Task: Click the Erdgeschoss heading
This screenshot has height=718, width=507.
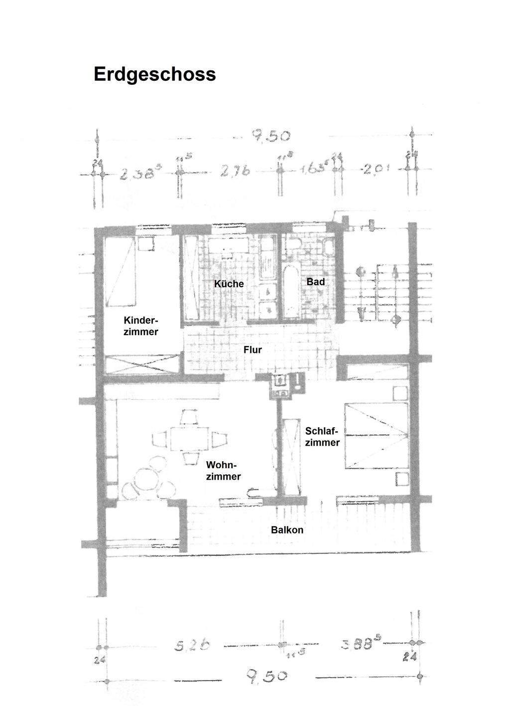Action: point(154,74)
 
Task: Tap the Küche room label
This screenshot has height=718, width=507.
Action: point(229,284)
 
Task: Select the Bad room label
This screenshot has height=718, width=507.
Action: point(316,282)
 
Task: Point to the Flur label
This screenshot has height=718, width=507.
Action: point(253,350)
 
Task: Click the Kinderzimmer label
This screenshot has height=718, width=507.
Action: point(141,326)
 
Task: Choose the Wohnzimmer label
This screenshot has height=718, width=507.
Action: point(224,470)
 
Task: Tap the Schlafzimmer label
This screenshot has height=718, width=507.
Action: point(322,437)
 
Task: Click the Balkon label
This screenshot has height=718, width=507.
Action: point(287,530)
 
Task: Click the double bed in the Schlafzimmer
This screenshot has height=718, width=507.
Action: point(377,436)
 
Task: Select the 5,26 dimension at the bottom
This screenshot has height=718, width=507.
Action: point(192,646)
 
